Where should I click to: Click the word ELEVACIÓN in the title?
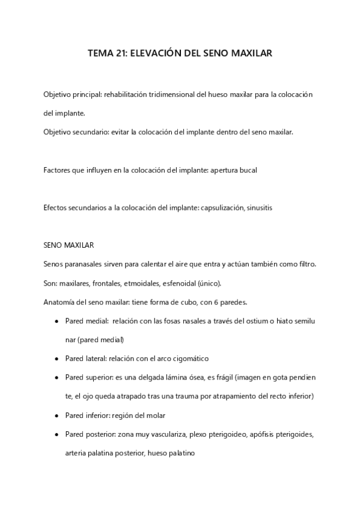point(151,54)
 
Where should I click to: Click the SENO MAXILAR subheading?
point(69,245)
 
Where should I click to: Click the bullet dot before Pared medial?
point(56,321)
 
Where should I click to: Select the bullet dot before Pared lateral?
point(56,358)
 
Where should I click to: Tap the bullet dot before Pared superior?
point(56,377)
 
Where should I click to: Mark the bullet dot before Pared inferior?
point(56,415)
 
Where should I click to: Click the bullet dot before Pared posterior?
point(56,434)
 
